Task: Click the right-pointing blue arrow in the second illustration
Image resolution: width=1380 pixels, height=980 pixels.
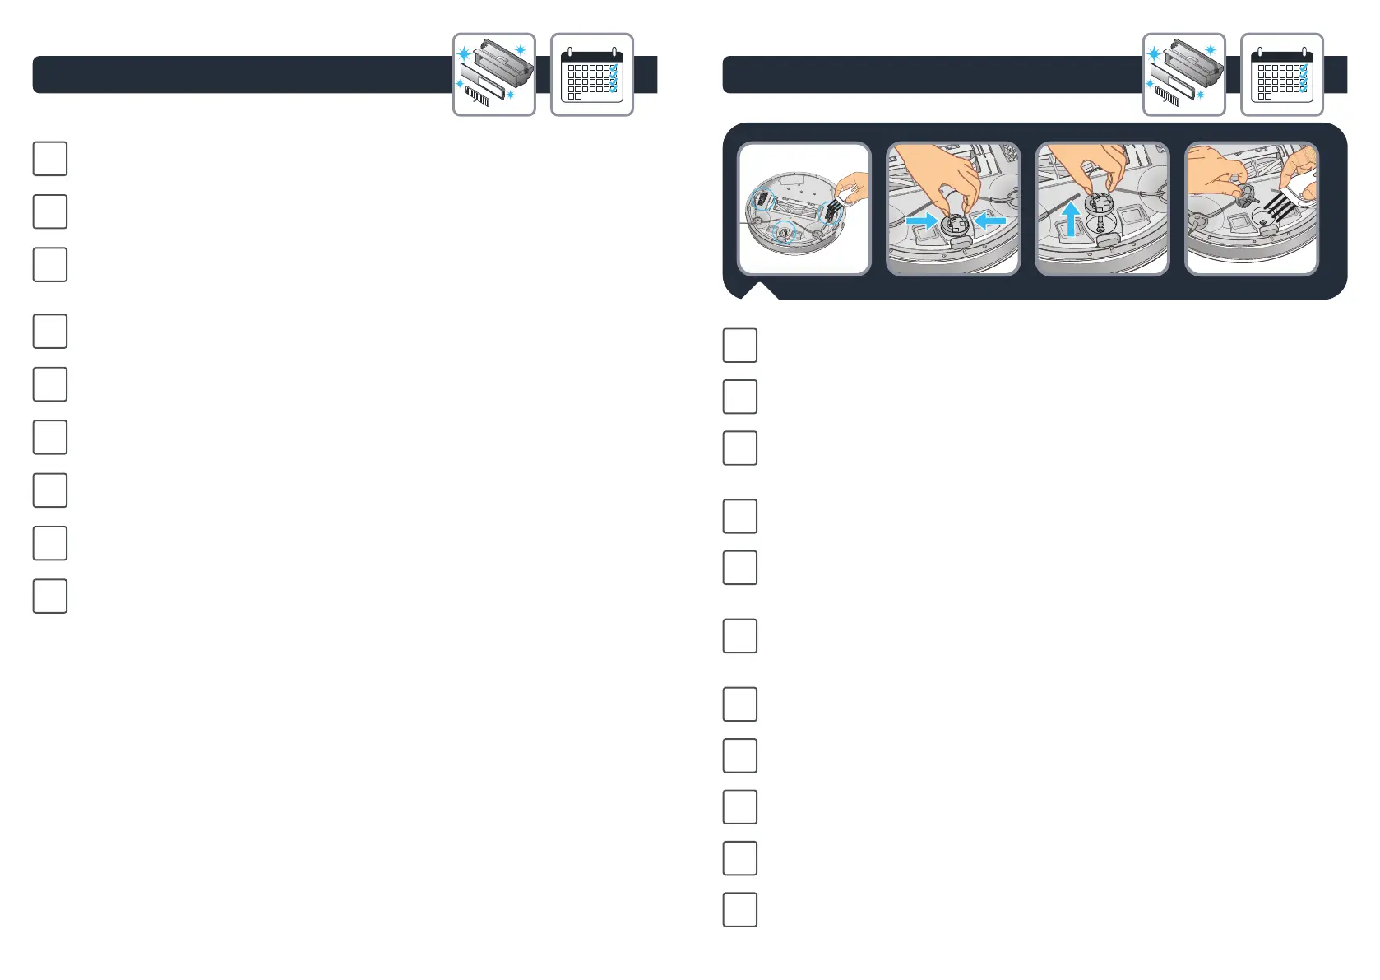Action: tap(920, 221)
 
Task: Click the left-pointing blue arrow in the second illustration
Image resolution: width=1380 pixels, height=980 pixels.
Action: tap(990, 221)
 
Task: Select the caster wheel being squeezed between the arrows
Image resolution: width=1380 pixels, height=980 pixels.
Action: tap(956, 225)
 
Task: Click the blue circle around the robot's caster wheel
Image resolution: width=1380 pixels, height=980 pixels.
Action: tap(785, 233)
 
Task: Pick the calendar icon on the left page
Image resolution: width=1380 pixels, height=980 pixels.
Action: tap(591, 75)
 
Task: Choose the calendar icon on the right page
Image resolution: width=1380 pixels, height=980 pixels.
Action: tap(1281, 75)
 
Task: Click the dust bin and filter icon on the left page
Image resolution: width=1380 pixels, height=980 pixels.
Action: tap(493, 75)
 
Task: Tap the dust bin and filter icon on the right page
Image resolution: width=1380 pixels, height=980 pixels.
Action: tap(1183, 75)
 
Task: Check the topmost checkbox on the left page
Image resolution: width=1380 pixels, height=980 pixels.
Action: tap(50, 159)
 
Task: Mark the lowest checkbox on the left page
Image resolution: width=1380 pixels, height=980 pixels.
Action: tap(50, 597)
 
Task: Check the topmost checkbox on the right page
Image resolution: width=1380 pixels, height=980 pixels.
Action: tap(740, 346)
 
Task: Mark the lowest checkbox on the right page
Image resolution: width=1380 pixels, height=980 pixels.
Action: tap(740, 910)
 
